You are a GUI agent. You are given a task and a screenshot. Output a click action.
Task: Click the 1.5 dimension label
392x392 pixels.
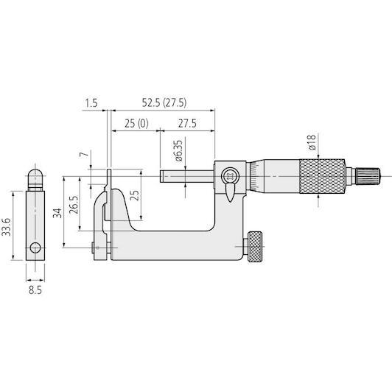(x=91, y=103)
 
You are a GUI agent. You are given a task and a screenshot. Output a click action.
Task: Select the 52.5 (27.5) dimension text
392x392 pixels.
(x=164, y=102)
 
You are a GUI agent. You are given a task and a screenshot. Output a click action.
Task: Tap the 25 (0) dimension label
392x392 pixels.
(x=136, y=124)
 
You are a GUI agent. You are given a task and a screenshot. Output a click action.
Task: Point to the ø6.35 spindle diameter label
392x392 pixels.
(x=178, y=151)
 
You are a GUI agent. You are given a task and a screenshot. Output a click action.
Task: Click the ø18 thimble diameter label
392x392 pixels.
(x=312, y=142)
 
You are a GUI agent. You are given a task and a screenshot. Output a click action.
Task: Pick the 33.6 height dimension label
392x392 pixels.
(x=6, y=227)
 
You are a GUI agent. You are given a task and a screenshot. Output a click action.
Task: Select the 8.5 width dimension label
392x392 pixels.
(x=35, y=290)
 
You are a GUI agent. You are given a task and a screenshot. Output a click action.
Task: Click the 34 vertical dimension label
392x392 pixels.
(x=57, y=213)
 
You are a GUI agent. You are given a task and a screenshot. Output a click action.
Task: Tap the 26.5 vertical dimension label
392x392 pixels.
(x=74, y=205)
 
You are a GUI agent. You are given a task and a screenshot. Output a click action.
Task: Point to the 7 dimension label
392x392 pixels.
(x=85, y=154)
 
